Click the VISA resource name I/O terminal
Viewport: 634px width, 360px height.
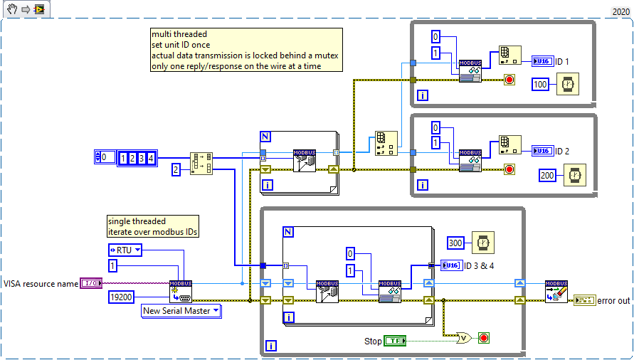(91, 283)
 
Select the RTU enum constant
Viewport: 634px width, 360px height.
(125, 249)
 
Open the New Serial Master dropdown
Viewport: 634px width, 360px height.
(181, 311)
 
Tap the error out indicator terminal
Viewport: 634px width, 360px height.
(583, 301)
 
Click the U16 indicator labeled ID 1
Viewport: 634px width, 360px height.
(541, 61)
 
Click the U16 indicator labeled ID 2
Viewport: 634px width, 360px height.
(541, 151)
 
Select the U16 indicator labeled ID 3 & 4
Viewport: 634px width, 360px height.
(450, 265)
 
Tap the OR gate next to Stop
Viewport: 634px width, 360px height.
(464, 337)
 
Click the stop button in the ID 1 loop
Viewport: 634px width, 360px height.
(509, 80)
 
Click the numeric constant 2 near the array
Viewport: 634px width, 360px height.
(176, 169)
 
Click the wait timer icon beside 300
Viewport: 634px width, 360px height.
(483, 243)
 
